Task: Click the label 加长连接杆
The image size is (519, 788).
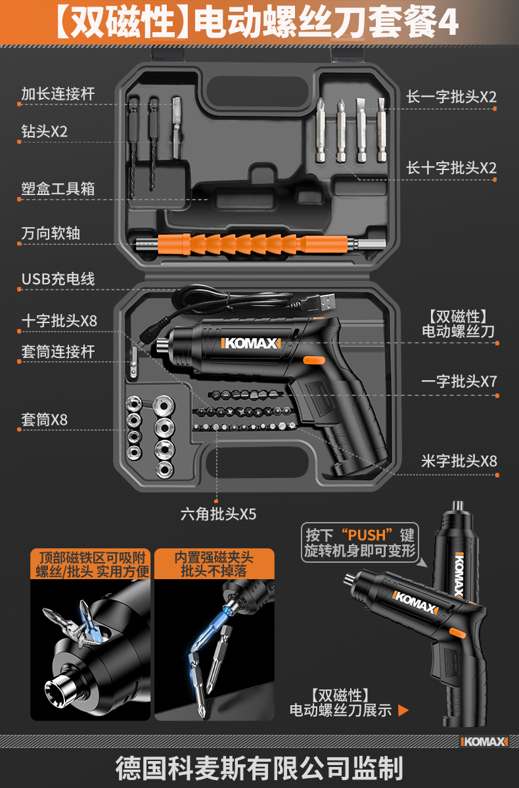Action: pyautogui.click(x=58, y=94)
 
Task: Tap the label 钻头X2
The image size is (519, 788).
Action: pyautogui.click(x=44, y=131)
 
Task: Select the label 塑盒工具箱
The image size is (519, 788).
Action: pyautogui.click(x=58, y=189)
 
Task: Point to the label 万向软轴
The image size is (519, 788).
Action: pyautogui.click(x=51, y=233)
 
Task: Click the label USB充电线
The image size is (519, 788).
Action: pyautogui.click(x=58, y=279)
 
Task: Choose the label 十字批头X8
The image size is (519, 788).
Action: pyautogui.click(x=58, y=320)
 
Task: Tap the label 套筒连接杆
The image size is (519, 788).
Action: pyautogui.click(x=58, y=352)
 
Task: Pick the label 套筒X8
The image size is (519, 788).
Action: pyautogui.click(x=44, y=419)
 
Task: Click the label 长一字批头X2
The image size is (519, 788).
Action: pyautogui.click(x=451, y=97)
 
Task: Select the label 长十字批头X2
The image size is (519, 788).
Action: pyautogui.click(x=451, y=167)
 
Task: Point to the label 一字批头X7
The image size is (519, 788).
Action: pyautogui.click(x=459, y=382)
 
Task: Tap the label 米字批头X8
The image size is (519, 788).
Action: pyautogui.click(x=459, y=461)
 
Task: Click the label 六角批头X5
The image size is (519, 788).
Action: pyautogui.click(x=218, y=514)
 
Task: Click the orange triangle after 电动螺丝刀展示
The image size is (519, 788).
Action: pyautogui.click(x=403, y=710)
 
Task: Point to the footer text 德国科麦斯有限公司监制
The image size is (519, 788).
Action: pyautogui.click(x=259, y=767)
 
